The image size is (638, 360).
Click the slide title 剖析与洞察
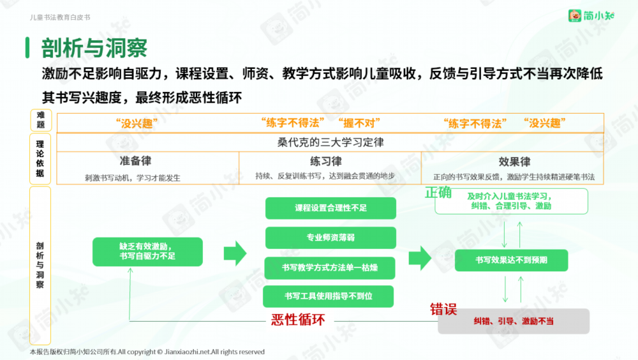coord(94,48)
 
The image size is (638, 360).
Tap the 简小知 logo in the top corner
coord(591,15)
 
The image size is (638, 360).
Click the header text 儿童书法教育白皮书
coord(60,17)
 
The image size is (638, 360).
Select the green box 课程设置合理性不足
coord(330,208)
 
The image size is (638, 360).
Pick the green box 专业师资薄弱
coord(330,237)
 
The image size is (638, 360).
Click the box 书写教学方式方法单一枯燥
coord(330,267)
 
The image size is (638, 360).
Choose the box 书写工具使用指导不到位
coord(328,296)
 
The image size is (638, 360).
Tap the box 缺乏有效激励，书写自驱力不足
coord(147,251)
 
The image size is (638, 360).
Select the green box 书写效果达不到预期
coord(511,260)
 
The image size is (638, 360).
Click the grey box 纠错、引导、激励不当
coord(514,321)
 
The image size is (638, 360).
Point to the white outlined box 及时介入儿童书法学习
coord(511,201)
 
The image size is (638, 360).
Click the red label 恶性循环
coord(298,320)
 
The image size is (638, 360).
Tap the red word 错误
coord(443,309)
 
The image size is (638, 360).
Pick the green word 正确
coord(438,193)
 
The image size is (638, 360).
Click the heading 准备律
coord(135,161)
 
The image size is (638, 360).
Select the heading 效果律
coord(514,161)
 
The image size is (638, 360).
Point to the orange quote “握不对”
coord(359,123)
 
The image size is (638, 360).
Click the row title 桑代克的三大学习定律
coord(330,142)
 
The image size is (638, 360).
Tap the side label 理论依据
coord(40,159)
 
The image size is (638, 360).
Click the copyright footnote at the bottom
coord(147,352)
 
